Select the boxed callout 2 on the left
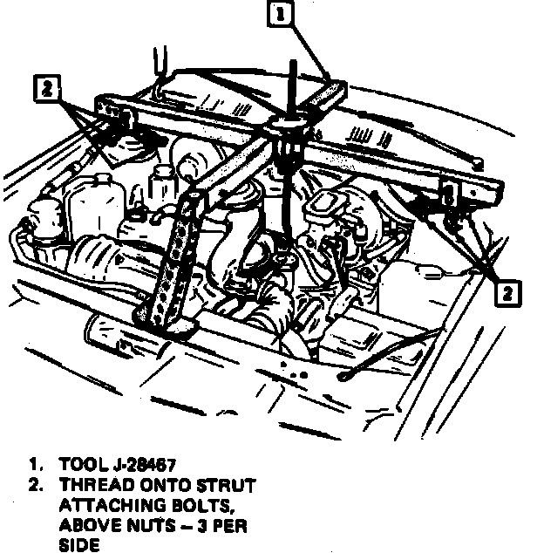tap(49, 88)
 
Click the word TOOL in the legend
tap(82, 465)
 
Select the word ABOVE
tap(86, 525)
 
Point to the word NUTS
tap(150, 525)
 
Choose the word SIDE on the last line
tap(79, 545)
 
